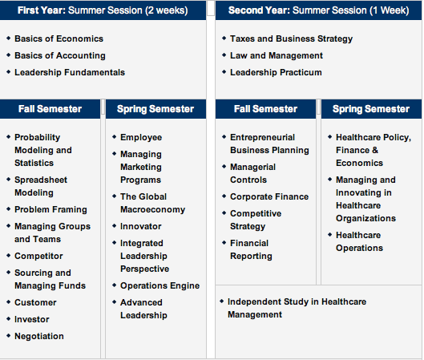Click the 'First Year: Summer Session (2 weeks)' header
coord(103,10)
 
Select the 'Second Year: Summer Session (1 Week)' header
coord(318,10)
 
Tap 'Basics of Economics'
coord(59,38)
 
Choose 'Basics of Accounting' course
coord(60,55)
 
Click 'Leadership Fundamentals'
coord(70,72)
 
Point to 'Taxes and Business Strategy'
coord(291,39)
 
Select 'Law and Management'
coord(277,55)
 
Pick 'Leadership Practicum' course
coord(276,72)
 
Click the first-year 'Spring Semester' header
coord(155,109)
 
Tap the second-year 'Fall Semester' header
coord(265,109)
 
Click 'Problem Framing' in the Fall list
coord(50,209)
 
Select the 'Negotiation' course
coord(39,336)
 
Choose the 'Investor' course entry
coord(32,319)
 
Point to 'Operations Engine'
coord(160,286)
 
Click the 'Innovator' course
coord(141,226)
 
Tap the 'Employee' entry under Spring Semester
coord(141,138)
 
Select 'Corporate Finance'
coord(269,196)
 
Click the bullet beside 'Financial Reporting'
coord(224,243)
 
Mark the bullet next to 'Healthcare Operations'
coord(329,234)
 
